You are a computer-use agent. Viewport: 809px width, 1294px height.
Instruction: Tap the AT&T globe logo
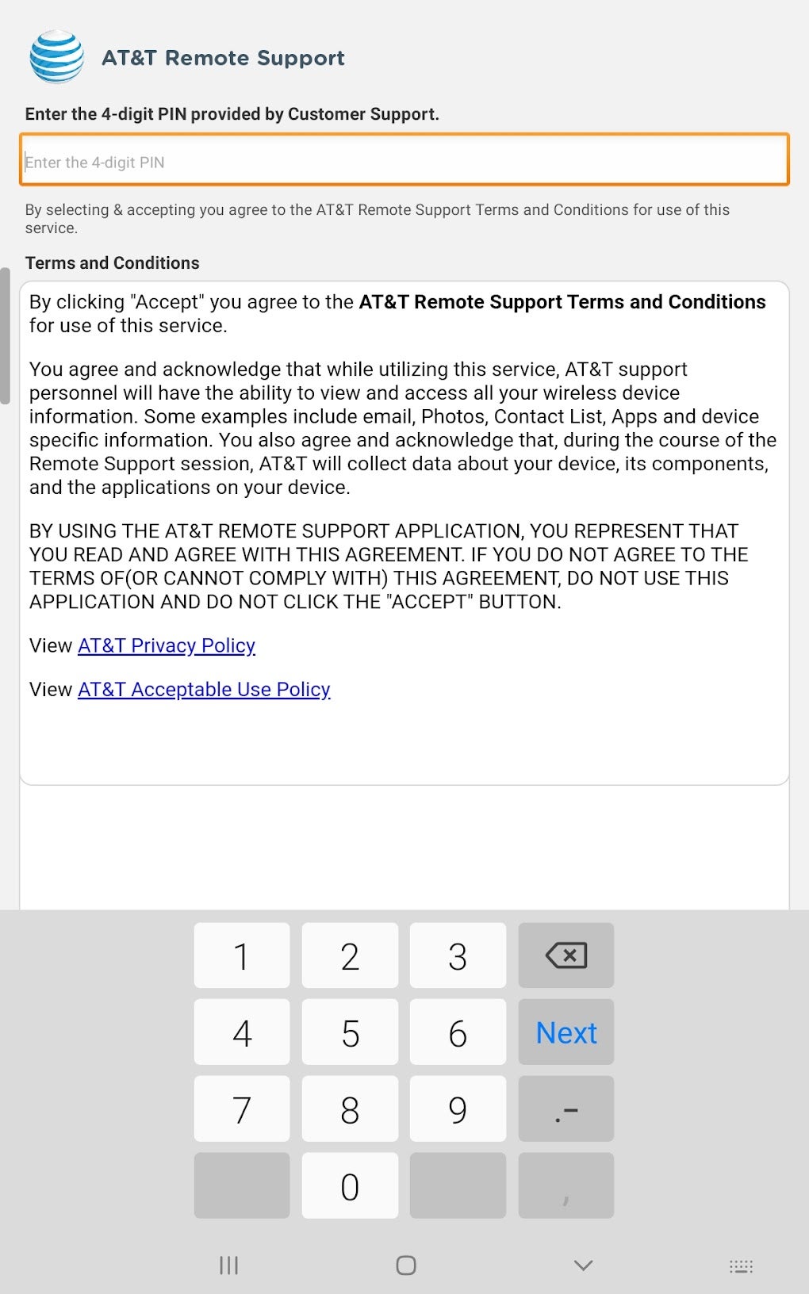coord(56,57)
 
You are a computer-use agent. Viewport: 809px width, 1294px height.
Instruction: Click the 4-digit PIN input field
coord(404,162)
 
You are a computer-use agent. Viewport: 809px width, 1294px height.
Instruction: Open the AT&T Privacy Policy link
coord(167,645)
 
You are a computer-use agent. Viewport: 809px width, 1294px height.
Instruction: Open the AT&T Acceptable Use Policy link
coord(204,689)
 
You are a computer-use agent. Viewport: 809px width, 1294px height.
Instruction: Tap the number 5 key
coord(350,1032)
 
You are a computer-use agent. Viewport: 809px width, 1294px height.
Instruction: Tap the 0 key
coord(350,1186)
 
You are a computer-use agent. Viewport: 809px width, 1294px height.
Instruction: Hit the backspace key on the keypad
coord(566,955)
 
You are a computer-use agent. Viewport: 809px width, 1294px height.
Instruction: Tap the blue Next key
coord(566,1032)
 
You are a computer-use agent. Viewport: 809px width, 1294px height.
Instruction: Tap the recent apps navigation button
coord(228,1265)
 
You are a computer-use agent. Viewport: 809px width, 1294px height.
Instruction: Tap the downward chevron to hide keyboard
coord(583,1265)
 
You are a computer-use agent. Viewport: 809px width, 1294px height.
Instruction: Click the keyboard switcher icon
coord(741,1266)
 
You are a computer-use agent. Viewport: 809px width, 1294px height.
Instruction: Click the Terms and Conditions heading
coord(113,263)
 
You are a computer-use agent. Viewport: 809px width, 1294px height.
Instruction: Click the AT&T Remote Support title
coord(223,58)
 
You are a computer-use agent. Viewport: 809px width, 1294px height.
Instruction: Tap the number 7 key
coord(242,1109)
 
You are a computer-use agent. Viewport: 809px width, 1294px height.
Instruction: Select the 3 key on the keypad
coord(458,955)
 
